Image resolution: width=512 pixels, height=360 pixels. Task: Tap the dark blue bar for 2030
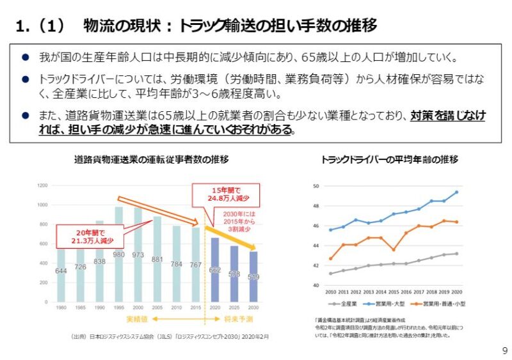(253, 276)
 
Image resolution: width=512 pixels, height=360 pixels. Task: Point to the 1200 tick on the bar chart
(43, 185)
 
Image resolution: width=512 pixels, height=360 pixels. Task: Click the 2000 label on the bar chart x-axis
(138, 307)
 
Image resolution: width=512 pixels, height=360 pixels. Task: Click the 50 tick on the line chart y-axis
(315, 186)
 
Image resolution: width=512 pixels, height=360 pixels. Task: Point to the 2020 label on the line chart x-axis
(456, 292)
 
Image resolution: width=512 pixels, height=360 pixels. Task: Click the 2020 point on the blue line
(456, 192)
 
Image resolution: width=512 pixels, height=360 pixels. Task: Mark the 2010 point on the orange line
(330, 259)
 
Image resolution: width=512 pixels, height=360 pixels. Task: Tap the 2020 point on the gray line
(456, 253)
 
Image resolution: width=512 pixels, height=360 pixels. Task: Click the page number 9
(504, 350)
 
